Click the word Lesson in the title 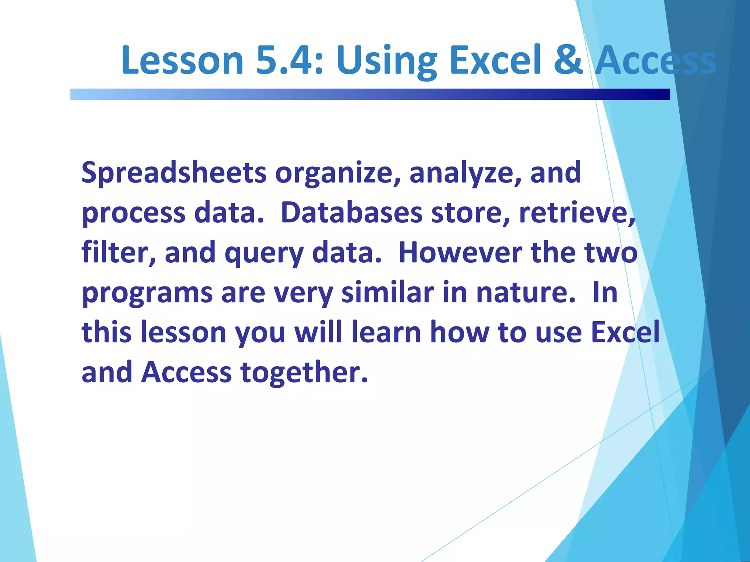tap(182, 60)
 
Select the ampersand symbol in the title tap(568, 60)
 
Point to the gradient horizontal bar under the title tap(370, 94)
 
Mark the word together tap(304, 372)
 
